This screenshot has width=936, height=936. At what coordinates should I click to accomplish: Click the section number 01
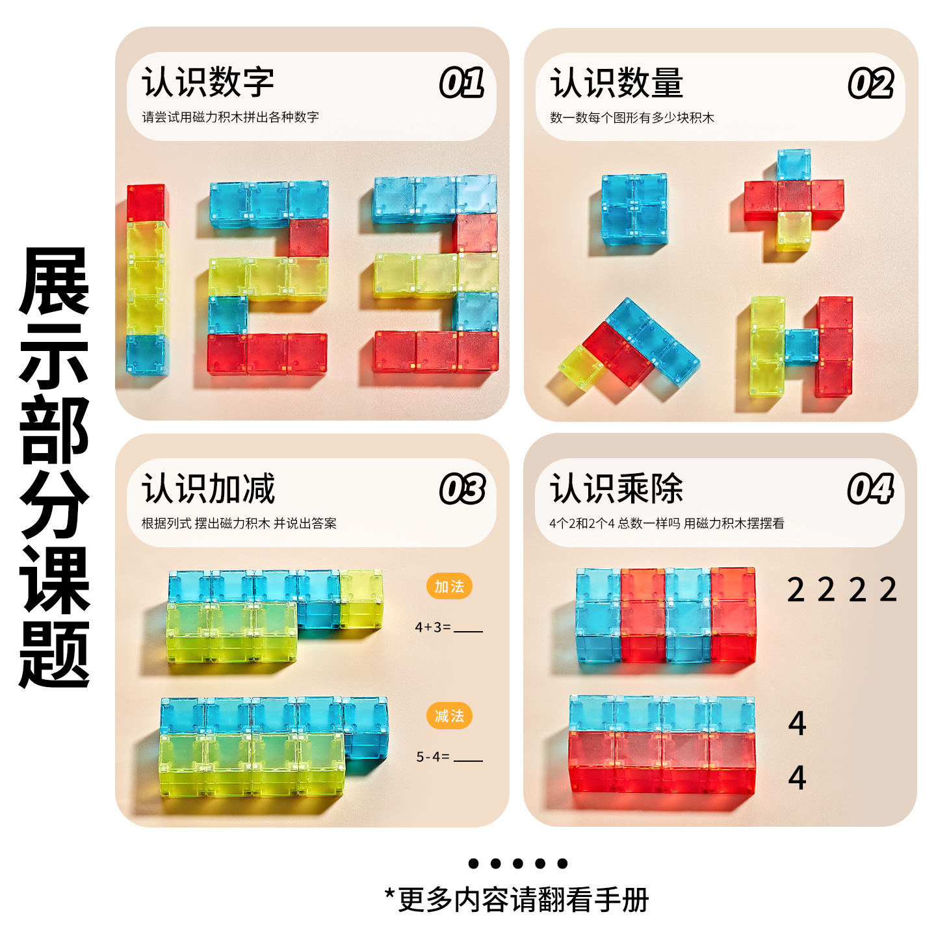[461, 83]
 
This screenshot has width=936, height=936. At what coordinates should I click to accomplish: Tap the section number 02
[870, 83]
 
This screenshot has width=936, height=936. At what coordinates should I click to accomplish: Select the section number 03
[461, 489]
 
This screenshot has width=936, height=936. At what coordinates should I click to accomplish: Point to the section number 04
[870, 489]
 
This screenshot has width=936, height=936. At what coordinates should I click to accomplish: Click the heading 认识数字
[208, 83]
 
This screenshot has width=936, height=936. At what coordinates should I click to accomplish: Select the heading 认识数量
[616, 83]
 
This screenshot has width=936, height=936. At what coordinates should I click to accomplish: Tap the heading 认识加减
[208, 489]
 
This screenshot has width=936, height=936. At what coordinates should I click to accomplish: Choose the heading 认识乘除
[616, 489]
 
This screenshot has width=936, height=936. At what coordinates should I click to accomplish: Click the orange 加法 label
[449, 586]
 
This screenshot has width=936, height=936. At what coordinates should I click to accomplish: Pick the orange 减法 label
[449, 716]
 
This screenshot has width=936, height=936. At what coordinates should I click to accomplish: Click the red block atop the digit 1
[146, 203]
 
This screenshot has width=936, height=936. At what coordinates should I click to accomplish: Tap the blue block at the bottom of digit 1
[146, 355]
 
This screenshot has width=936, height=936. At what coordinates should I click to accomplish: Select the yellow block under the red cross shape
[794, 231]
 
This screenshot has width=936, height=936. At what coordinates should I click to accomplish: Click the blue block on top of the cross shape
[794, 164]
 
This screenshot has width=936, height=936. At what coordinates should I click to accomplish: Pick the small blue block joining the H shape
[801, 345]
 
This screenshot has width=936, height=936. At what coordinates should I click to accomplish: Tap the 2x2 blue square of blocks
[634, 209]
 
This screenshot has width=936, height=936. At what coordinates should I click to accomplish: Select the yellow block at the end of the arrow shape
[582, 368]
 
